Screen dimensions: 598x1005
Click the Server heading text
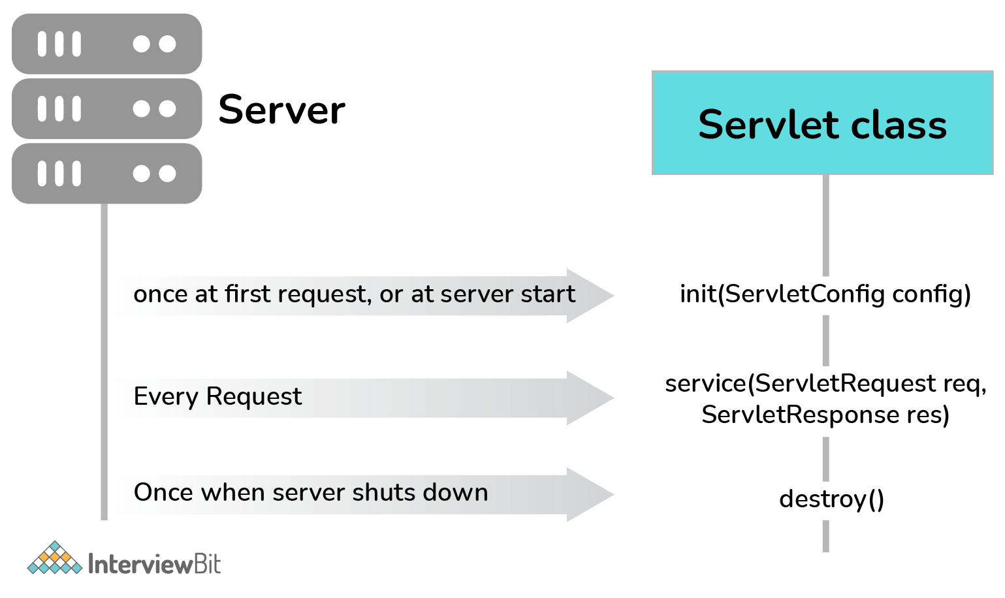click(281, 109)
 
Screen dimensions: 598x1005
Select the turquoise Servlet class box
click(822, 123)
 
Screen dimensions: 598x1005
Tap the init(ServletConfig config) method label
click(825, 294)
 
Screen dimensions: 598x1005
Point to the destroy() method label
click(831, 499)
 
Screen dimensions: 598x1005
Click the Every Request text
click(217, 396)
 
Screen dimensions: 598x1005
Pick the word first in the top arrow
click(248, 294)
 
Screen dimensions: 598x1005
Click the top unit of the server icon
click(106, 44)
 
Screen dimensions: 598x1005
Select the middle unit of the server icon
click(106, 108)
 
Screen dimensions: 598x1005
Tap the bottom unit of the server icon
click(106, 173)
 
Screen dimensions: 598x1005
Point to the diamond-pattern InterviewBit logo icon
click(55, 559)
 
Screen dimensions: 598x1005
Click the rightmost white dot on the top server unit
click(168, 44)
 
